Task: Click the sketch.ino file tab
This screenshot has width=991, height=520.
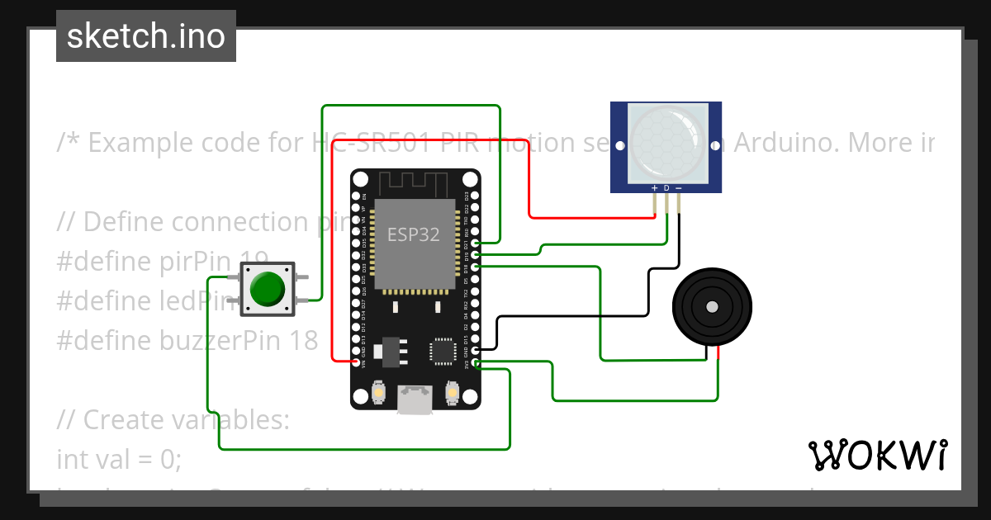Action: point(145,36)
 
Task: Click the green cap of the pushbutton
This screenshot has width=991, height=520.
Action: point(267,289)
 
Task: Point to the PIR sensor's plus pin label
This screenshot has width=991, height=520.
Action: point(654,188)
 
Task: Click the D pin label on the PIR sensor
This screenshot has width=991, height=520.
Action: point(666,188)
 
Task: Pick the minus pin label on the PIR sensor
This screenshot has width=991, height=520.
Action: point(679,188)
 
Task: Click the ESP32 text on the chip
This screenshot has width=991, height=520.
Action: point(414,234)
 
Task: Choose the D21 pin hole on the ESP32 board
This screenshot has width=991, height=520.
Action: point(474,243)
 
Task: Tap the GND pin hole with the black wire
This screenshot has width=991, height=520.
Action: point(474,351)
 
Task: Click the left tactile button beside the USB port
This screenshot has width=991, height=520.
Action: point(378,392)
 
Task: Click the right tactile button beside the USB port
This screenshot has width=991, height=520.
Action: point(452,392)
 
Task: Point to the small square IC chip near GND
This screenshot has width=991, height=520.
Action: point(441,351)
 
